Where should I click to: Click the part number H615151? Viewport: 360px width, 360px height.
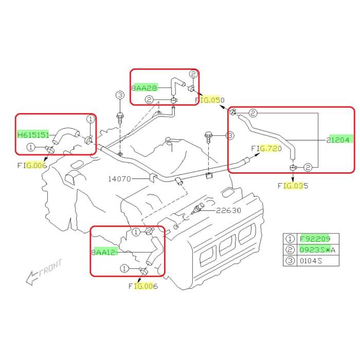tap(33, 135)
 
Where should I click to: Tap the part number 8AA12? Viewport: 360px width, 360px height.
tap(104, 252)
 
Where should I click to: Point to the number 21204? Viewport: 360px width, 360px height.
tap(338, 139)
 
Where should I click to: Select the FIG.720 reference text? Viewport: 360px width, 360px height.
tap(266, 149)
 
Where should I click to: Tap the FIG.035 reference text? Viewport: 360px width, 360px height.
tap(293, 186)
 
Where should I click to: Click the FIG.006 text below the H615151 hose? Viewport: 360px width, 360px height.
tap(31, 166)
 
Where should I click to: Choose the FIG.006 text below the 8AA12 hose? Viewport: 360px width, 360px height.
tap(143, 286)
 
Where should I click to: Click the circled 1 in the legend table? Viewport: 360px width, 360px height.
tap(290, 239)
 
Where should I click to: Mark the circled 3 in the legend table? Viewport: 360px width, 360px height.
tap(290, 261)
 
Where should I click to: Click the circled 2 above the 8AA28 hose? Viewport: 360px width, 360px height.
tap(193, 75)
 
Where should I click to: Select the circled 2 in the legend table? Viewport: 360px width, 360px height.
tap(290, 250)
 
